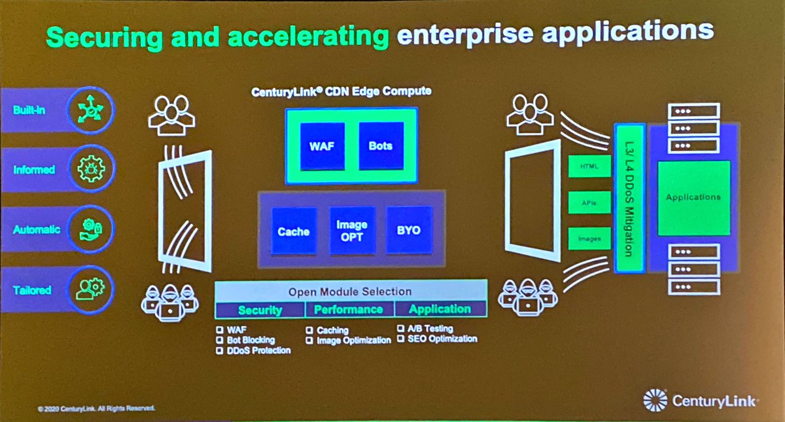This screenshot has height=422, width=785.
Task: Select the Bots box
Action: click(x=381, y=145)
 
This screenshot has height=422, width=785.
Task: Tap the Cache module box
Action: click(x=294, y=230)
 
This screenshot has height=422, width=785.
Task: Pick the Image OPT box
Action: click(x=352, y=230)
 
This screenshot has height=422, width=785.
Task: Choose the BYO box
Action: click(x=410, y=230)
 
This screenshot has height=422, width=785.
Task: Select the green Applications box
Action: click(x=693, y=197)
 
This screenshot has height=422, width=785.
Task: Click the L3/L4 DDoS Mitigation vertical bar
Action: click(x=629, y=197)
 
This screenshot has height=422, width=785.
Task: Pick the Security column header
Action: click(x=260, y=309)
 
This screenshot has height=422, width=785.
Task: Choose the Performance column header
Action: click(x=349, y=309)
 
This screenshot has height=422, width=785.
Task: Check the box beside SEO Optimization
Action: click(x=401, y=339)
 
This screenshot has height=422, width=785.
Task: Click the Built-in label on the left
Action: click(x=30, y=110)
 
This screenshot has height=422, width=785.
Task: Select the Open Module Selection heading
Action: click(x=351, y=291)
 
